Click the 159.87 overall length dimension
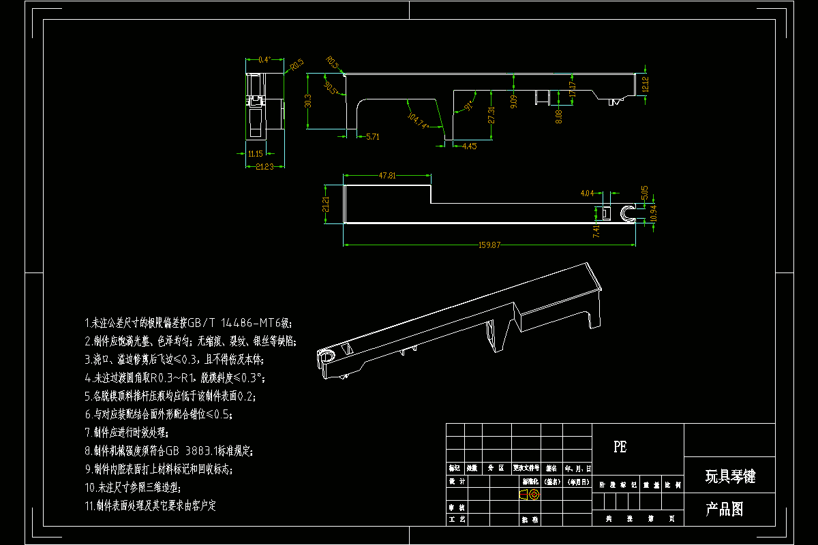click(489, 245)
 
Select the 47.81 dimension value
click(387, 176)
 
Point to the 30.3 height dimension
click(308, 101)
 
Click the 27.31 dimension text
click(491, 114)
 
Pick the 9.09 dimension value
click(513, 102)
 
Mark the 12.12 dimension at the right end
click(645, 84)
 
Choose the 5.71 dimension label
click(373, 137)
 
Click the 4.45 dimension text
click(469, 146)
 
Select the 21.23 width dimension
click(265, 166)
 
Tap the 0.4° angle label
click(264, 60)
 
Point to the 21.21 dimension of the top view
click(326, 204)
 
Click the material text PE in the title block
click(620, 447)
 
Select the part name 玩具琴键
click(729, 476)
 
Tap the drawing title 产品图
click(723, 509)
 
